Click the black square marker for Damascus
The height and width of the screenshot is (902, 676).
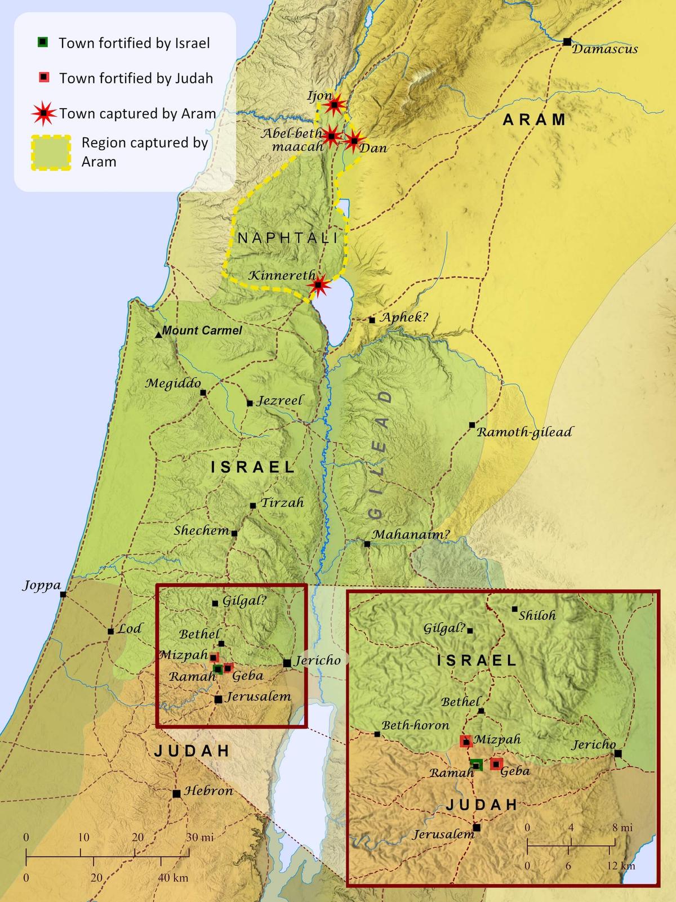pos(567,41)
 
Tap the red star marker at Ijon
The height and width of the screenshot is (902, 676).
pos(335,104)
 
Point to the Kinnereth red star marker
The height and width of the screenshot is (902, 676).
pos(318,285)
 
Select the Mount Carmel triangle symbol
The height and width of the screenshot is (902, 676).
pos(158,334)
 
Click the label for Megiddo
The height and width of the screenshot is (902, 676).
pos(173,383)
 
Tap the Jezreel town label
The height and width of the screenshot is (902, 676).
pos(280,401)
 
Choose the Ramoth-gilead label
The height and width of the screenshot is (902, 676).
pos(524,432)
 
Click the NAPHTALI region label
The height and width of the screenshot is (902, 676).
pos(287,238)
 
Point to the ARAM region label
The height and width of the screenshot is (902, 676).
pos(534,119)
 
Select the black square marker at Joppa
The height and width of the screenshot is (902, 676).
pos(63,594)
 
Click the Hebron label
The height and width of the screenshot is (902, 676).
pos(208,791)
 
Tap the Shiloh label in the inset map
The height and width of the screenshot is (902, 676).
pos(537,615)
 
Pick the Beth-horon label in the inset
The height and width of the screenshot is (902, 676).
pos(415,726)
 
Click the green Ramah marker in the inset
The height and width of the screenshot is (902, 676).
pos(477,764)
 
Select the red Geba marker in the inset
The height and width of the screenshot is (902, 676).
pos(496,763)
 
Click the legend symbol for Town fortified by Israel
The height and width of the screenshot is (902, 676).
pos(43,42)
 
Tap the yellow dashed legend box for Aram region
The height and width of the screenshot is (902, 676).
pos(50,153)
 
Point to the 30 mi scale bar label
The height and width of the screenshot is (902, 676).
pos(199,837)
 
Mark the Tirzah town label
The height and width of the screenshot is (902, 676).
pos(282,503)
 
